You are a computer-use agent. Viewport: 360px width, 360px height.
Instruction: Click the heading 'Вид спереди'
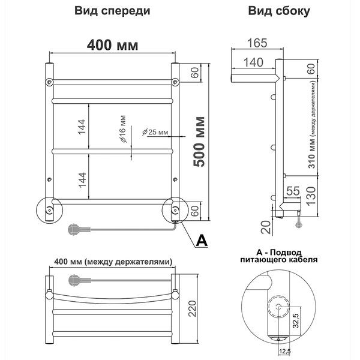click(112, 11)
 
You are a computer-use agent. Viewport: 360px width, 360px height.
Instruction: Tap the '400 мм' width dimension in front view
click(112, 45)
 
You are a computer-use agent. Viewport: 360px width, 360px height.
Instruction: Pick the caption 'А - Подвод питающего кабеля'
click(278, 256)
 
